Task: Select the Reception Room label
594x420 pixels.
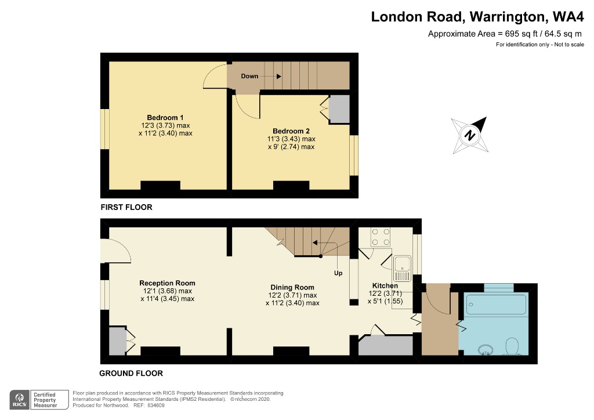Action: (x=167, y=283)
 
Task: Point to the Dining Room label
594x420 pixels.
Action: (x=292, y=287)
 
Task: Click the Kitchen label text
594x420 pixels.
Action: (x=385, y=286)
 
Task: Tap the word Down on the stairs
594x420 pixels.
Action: (x=249, y=77)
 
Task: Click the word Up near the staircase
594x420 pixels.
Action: (x=338, y=272)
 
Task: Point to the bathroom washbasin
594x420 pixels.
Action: (x=485, y=350)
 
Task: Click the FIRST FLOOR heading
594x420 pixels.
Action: (x=126, y=207)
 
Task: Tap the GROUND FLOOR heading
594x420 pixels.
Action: (x=131, y=373)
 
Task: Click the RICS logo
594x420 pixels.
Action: (x=21, y=399)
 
